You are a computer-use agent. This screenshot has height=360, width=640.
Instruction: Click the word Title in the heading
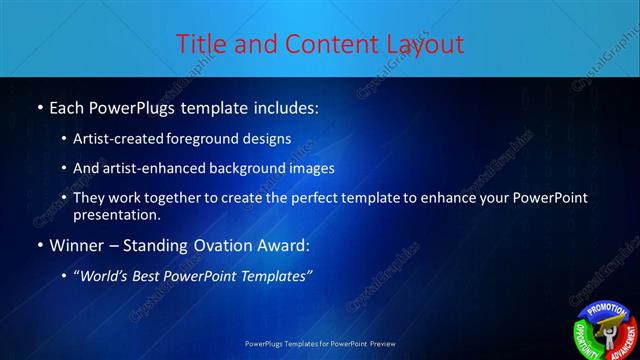click(199, 44)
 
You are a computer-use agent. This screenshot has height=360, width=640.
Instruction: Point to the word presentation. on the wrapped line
click(116, 214)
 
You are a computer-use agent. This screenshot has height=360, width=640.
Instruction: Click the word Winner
click(76, 245)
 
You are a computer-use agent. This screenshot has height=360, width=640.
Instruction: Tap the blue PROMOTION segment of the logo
click(607, 310)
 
